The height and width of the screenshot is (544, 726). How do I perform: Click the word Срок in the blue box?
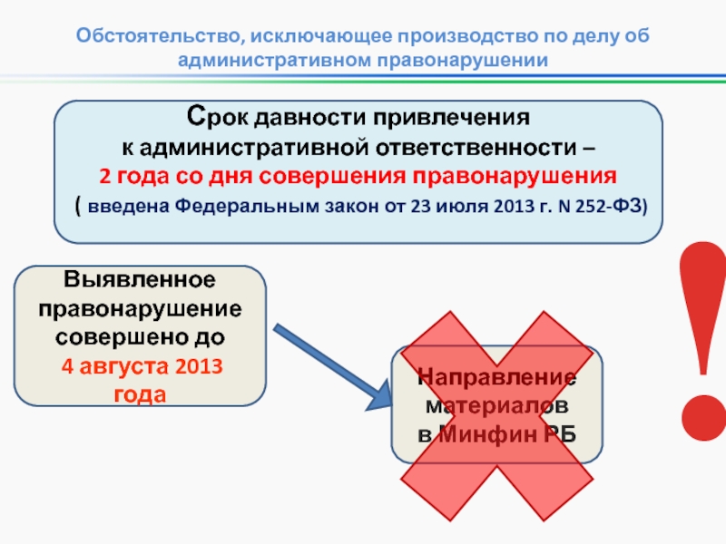(218, 119)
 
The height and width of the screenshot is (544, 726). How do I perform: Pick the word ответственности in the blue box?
(486, 146)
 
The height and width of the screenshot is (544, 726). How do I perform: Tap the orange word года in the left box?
(140, 395)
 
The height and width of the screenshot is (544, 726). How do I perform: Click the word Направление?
(497, 377)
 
